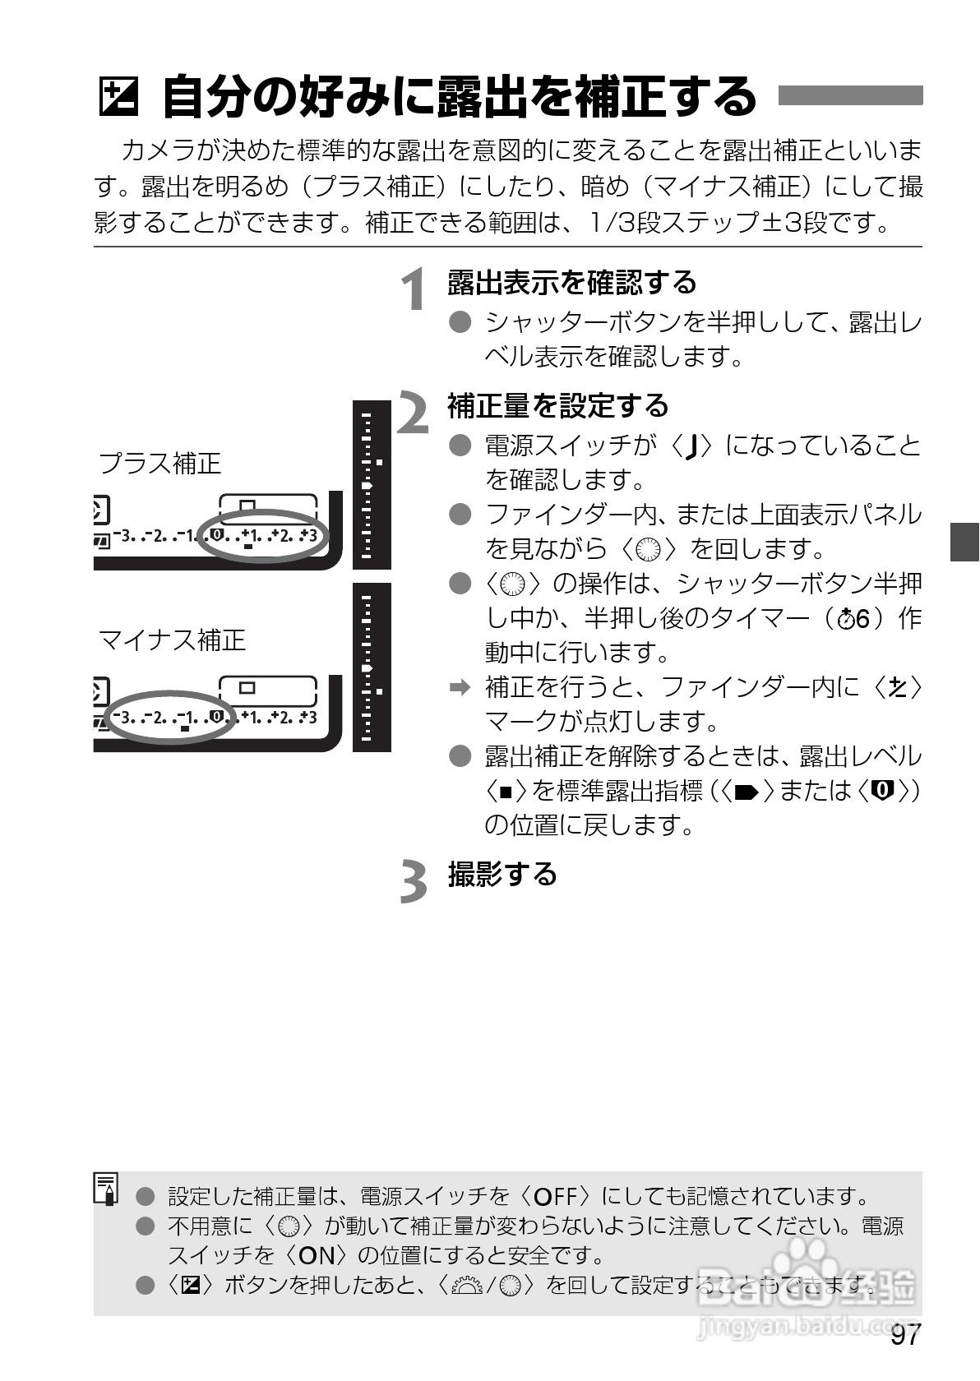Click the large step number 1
[x=414, y=289]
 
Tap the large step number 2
[x=414, y=413]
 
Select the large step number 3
[x=414, y=881]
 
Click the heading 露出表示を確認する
[x=571, y=283]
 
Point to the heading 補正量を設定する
[x=558, y=406]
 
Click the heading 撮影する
[x=502, y=874]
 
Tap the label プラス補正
[x=160, y=464]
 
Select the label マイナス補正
[x=172, y=640]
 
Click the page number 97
[x=904, y=1337]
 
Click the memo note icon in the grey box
[x=107, y=1189]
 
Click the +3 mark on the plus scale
[x=308, y=536]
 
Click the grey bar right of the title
[x=850, y=95]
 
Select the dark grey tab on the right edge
[x=965, y=542]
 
